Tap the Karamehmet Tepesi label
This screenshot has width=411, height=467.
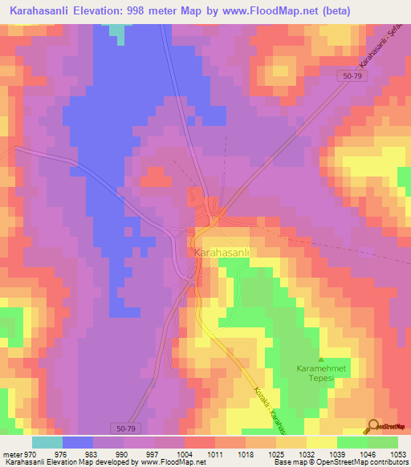pos(321,377)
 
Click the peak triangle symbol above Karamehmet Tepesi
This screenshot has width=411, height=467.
pos(321,360)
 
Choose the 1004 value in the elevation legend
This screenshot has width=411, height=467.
pos(174,453)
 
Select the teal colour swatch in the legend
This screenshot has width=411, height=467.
pos(47,442)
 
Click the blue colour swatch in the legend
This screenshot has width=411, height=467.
pos(78,442)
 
